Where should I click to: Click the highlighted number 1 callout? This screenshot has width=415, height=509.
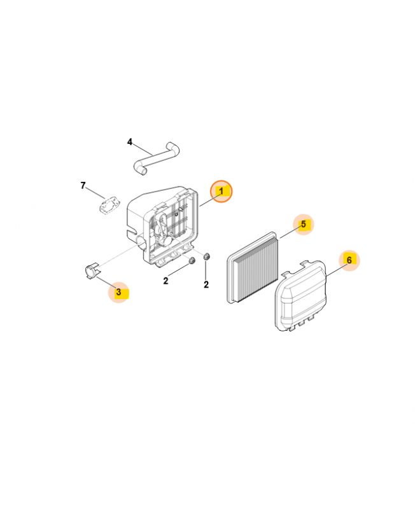pos(222,192)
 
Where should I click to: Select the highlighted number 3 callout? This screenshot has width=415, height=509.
pos(119,292)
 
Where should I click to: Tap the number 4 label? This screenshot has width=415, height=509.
pos(130,142)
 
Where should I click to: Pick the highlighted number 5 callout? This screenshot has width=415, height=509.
pos(304,225)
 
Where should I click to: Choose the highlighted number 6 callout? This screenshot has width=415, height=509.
pos(349,260)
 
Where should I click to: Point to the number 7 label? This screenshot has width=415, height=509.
pos(83,186)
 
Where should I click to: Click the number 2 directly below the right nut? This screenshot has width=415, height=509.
pos(206,284)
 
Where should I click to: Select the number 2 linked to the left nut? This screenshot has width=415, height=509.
pos(165,281)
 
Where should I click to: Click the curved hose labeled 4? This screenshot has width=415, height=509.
pos(156,159)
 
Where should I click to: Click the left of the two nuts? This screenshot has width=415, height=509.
pos(192,260)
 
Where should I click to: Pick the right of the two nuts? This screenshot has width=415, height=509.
pos(206,256)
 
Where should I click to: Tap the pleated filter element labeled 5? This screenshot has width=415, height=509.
pos(252,267)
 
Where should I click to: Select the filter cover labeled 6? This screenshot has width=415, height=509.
pos(300,295)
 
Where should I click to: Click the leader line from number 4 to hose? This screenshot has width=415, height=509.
pos(142,150)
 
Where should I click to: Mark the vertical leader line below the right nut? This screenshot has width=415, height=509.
pos(206,270)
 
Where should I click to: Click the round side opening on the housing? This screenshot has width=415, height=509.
pos(141,243)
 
